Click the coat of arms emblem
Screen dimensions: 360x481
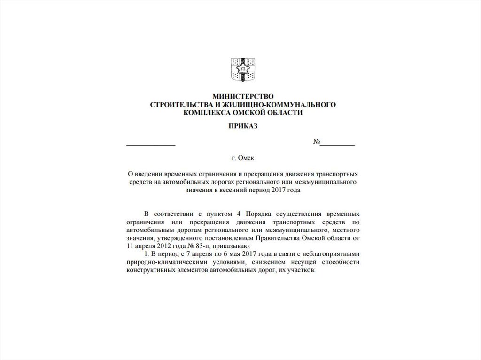[x=243, y=69]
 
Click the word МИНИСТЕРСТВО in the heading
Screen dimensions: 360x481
[x=243, y=96]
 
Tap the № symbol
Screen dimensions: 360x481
[x=317, y=143]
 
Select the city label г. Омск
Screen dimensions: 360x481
[x=243, y=159]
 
